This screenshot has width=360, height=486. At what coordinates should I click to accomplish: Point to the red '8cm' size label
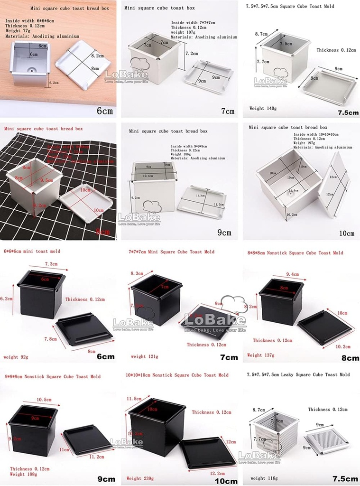pos(104,232)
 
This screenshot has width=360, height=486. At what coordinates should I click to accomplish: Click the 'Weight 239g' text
pos(141,478)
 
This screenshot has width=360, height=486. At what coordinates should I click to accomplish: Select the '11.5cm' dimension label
pos(135,398)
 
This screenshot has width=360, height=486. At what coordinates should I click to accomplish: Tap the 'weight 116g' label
pos(265,478)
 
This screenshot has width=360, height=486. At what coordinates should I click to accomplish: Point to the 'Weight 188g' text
pos(23,474)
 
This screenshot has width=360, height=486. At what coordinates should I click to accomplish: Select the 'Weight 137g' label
pos(261,355)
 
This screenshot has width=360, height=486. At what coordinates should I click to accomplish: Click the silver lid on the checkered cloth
pos(86,200)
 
